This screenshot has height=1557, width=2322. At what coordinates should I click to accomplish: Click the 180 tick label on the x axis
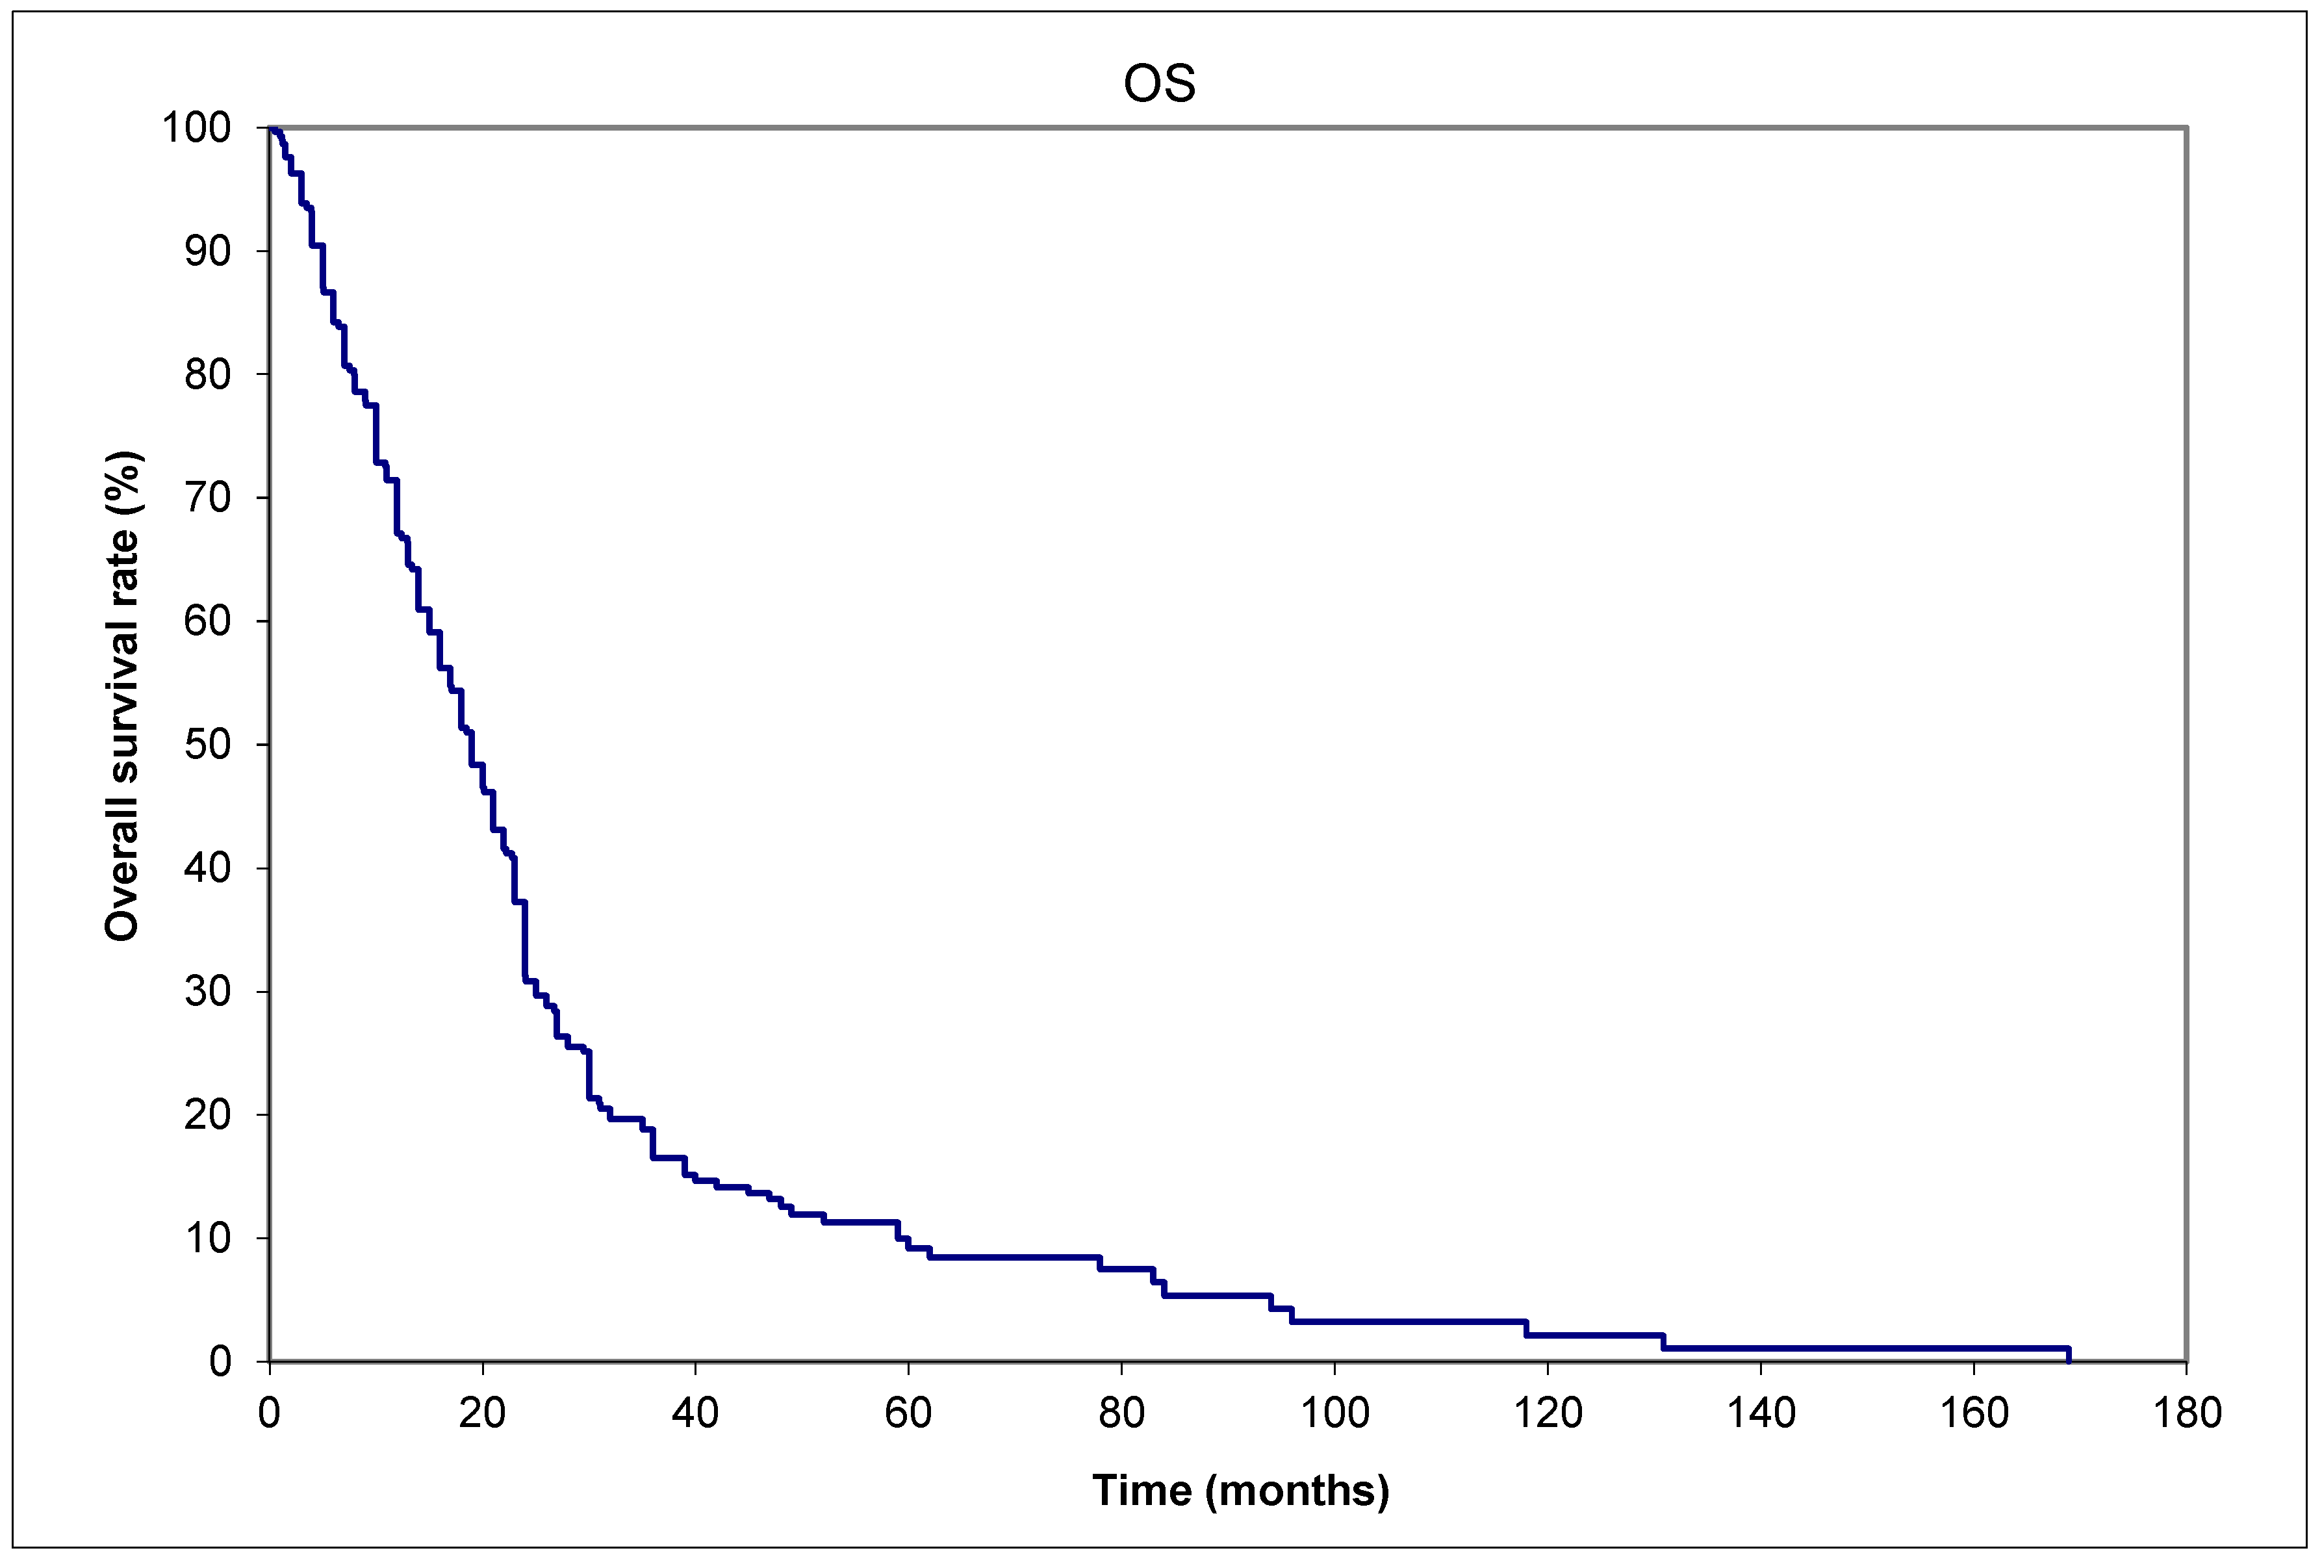(2186, 1413)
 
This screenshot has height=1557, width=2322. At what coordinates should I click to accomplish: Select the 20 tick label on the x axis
(483, 1413)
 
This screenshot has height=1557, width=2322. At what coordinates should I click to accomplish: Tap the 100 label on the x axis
(1334, 1413)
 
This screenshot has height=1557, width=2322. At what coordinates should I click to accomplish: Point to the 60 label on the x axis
(908, 1413)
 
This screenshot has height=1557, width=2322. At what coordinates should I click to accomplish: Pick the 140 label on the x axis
(1760, 1413)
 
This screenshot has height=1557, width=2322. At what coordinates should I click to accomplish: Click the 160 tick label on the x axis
(1974, 1413)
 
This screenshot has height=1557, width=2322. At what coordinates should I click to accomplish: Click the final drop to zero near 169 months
(2068, 1354)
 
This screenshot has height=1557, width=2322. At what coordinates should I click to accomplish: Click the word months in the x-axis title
(1297, 1491)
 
